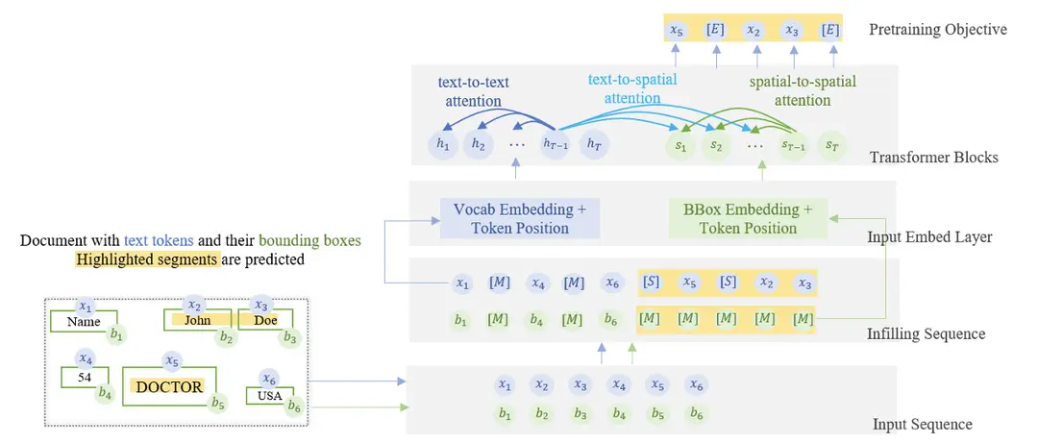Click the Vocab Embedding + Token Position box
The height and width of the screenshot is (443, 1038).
point(520,218)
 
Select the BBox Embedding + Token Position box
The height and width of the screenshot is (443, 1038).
point(748,218)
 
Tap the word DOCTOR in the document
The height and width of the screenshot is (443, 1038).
point(169,386)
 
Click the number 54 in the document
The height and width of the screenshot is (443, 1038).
point(85,378)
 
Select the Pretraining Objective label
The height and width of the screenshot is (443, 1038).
point(938,29)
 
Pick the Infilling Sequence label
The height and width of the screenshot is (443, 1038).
point(926,333)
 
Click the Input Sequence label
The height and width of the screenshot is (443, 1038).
point(922,424)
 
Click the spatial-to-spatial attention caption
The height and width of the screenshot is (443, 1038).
point(802,91)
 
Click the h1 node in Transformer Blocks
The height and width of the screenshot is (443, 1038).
point(443,145)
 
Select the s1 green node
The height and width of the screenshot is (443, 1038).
point(681,145)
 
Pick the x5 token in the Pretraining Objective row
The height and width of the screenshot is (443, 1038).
point(679,30)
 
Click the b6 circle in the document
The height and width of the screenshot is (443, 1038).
point(294,407)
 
